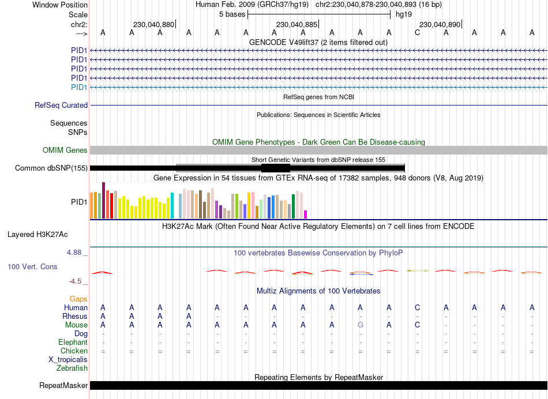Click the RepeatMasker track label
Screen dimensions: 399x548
[63, 385]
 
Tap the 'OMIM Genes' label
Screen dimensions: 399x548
[65, 150]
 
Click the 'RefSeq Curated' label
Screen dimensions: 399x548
[61, 106]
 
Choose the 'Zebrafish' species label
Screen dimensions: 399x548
[73, 368]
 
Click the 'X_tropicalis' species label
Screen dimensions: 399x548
[68, 359]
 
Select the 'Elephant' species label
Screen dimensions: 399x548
[73, 342]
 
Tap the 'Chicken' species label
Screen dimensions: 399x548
[74, 351]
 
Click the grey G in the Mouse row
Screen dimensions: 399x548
[361, 325]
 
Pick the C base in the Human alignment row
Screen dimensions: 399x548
[418, 307]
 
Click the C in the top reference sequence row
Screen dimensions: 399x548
[418, 32]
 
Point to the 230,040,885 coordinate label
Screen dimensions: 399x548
[296, 25]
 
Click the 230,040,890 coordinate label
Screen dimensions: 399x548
[440, 25]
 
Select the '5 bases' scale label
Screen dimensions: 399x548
[232, 14]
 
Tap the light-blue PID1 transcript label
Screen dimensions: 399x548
[79, 87]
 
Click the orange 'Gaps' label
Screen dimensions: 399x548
[79, 299]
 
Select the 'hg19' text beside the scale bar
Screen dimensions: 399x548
[404, 14]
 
